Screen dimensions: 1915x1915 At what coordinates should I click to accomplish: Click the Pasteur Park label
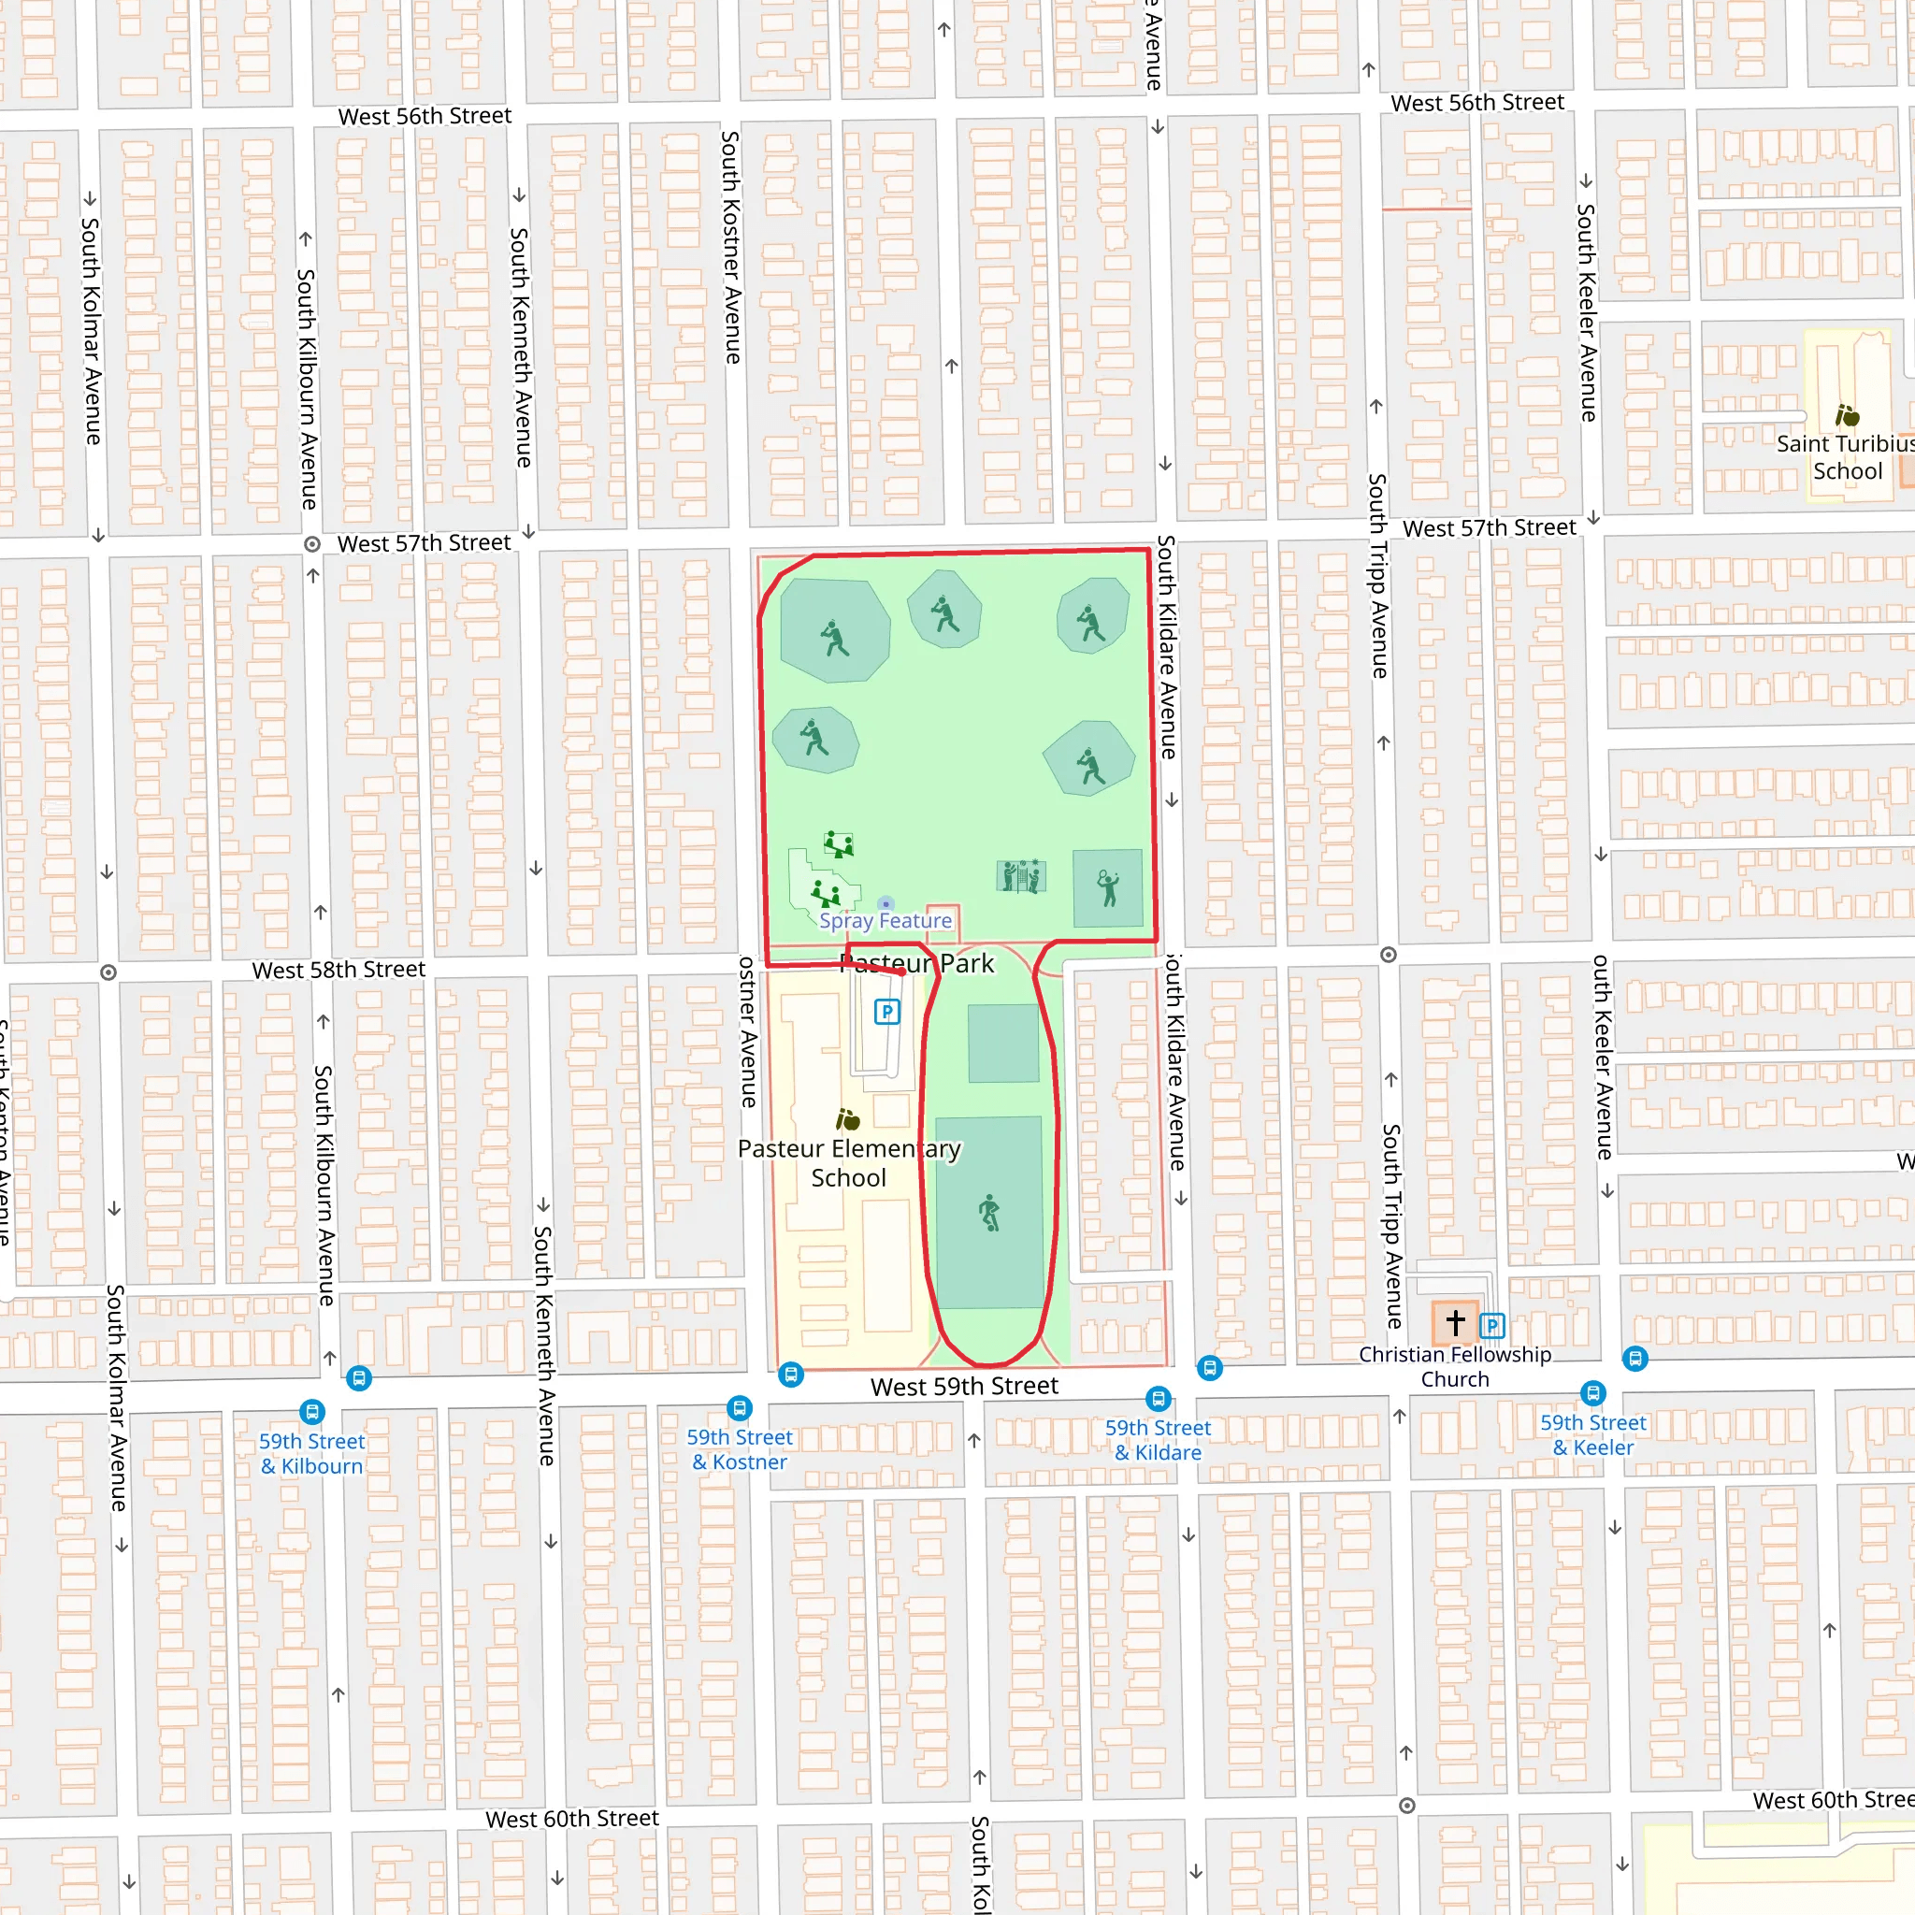tap(917, 963)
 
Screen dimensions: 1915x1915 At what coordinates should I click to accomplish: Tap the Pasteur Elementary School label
tap(849, 1162)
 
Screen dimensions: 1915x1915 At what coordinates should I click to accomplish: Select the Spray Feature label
tap(886, 921)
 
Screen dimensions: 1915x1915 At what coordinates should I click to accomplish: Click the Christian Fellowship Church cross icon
tap(1455, 1322)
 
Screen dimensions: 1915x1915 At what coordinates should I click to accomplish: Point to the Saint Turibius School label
tap(1845, 457)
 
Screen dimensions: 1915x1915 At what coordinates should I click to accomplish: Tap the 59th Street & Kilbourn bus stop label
tap(312, 1453)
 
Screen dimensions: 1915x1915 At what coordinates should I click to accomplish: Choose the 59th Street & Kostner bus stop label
tap(740, 1449)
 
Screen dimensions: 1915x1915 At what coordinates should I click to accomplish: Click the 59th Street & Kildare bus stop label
tap(1158, 1439)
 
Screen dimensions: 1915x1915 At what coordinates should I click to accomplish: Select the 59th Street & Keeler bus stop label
tap(1592, 1434)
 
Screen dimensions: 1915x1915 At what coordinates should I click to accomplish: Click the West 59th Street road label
tap(964, 1386)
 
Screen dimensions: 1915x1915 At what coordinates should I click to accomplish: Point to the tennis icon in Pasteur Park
tap(1108, 887)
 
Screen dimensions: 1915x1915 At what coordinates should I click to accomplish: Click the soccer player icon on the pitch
tap(989, 1212)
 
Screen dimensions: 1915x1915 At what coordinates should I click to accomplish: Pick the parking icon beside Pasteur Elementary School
tap(887, 1012)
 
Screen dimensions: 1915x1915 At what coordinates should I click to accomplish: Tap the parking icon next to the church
tap(1492, 1325)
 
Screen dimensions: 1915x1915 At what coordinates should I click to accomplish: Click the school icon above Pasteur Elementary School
tap(847, 1120)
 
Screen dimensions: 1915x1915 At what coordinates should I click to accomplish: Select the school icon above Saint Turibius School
tap(1847, 415)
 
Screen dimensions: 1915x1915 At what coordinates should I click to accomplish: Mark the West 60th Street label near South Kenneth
tap(572, 1819)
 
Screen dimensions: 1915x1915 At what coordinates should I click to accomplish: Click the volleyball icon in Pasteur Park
tap(1021, 876)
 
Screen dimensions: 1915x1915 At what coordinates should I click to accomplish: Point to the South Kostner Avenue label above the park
tap(731, 248)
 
